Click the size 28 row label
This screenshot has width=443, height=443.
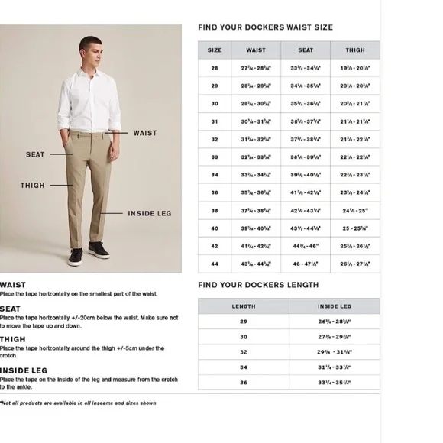pos(215,68)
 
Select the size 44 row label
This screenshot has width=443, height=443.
pos(215,264)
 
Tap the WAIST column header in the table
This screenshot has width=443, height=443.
pos(256,50)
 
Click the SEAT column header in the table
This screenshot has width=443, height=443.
pos(306,50)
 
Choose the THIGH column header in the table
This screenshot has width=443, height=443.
pos(355,50)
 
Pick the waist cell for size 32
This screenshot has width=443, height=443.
pos(256,139)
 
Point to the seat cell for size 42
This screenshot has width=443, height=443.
pos(306,246)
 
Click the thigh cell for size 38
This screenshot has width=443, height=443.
pos(355,210)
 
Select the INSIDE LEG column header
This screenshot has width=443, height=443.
pos(334,306)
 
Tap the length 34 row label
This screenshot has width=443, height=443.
pos(244,367)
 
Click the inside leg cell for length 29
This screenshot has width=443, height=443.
pos(334,322)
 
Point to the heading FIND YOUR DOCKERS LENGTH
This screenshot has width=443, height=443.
pos(258,286)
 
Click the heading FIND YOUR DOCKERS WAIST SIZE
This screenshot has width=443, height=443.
pos(265,27)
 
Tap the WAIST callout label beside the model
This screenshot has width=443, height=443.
pos(144,133)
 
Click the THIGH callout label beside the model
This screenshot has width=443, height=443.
pos(33,186)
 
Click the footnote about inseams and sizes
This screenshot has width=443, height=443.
pos(78,403)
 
